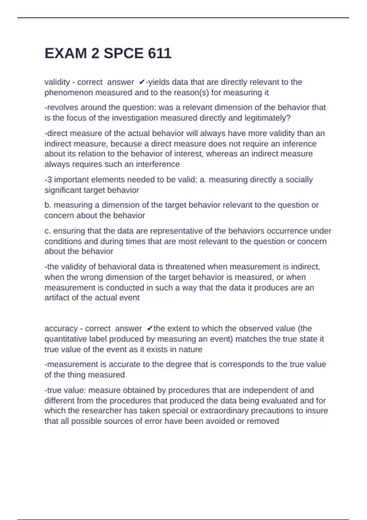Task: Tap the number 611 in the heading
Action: click(x=159, y=54)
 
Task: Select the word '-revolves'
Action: click(x=61, y=107)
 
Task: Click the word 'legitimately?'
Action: click(x=267, y=118)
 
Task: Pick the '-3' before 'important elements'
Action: click(x=48, y=180)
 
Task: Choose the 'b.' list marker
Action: click(x=48, y=205)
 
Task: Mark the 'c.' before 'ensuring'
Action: click(x=48, y=231)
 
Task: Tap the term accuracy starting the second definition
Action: click(x=61, y=329)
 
